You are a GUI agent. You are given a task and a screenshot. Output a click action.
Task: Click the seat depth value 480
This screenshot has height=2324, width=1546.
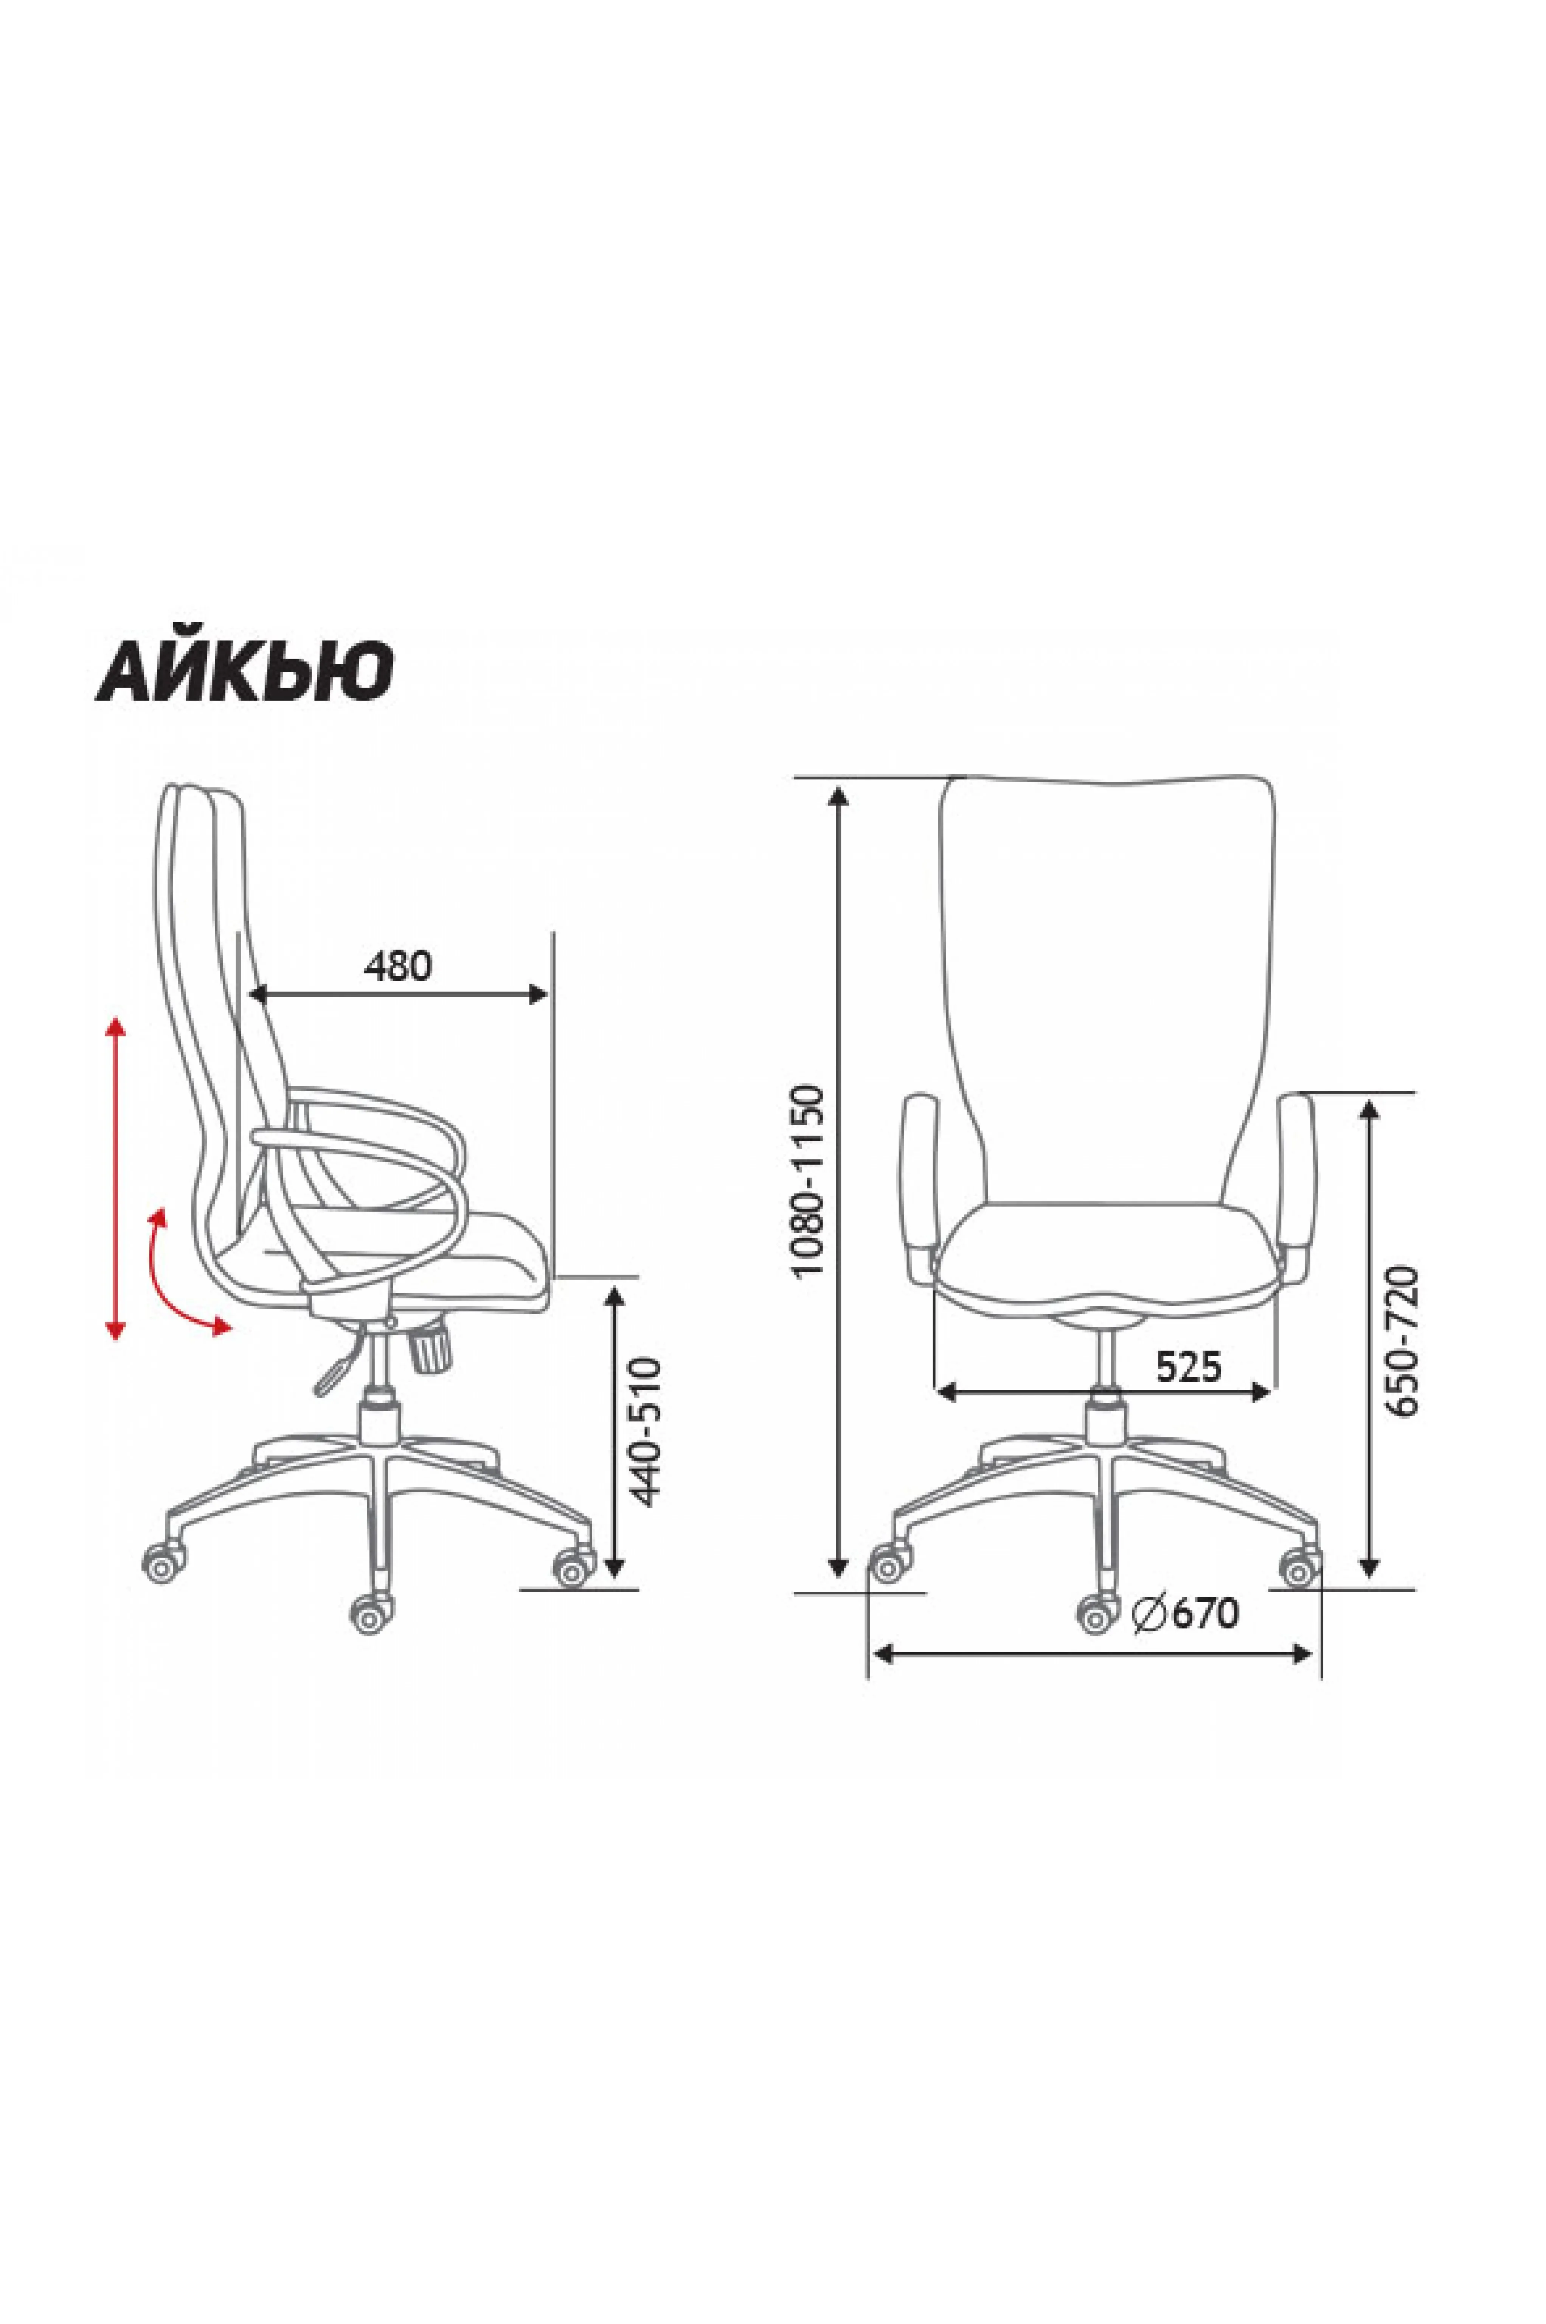pos(398,965)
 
